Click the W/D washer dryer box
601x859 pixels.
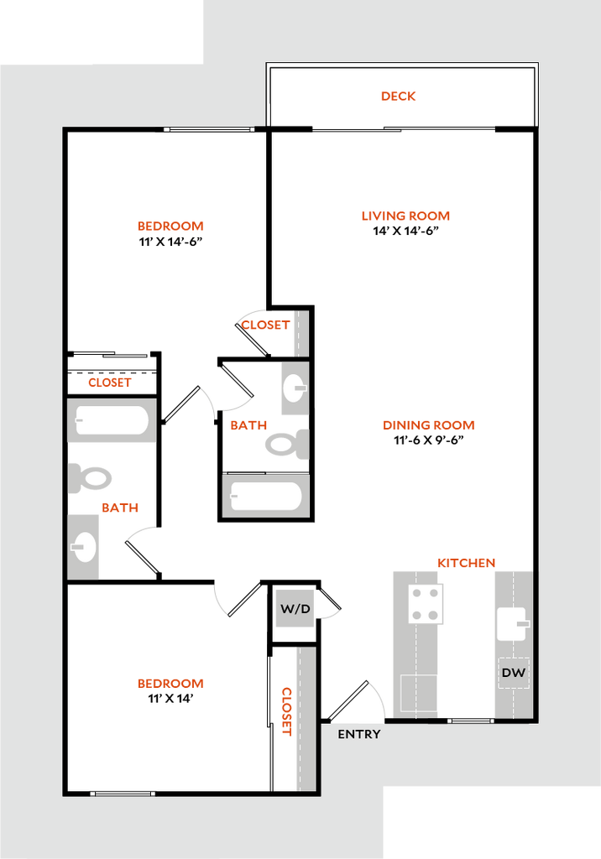pyautogui.click(x=295, y=608)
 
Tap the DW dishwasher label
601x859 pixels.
pyautogui.click(x=513, y=673)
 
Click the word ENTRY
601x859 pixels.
pyautogui.click(x=359, y=735)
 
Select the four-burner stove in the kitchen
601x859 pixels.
pyautogui.click(x=426, y=604)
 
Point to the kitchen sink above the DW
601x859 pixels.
pyautogui.click(x=513, y=624)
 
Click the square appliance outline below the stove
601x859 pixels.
pyautogui.click(x=420, y=694)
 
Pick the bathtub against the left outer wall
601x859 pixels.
pyautogui.click(x=112, y=420)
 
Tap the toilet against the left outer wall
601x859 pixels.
pyautogui.click(x=91, y=478)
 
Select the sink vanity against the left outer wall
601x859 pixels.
pyautogui.click(x=84, y=547)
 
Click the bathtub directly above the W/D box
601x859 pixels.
pyautogui.click(x=266, y=496)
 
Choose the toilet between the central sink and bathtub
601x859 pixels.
pyautogui.click(x=287, y=443)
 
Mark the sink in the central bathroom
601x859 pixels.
pyautogui.click(x=294, y=388)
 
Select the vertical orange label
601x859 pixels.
pyautogui.click(x=286, y=711)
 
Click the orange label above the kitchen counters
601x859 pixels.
pyautogui.click(x=467, y=563)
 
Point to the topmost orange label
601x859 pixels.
pyautogui.click(x=398, y=96)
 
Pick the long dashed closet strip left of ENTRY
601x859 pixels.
pyautogui.click(x=305, y=719)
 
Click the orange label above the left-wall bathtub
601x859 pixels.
pyautogui.click(x=110, y=383)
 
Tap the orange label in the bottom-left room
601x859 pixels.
pyautogui.click(x=170, y=684)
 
